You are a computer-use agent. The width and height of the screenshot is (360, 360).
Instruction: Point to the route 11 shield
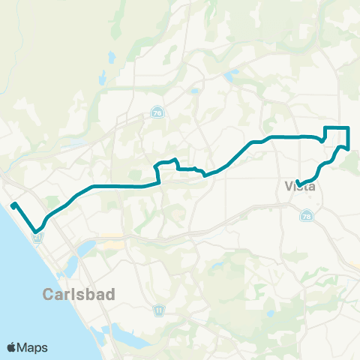pos(158,309)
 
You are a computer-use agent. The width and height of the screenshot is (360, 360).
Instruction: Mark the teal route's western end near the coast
pos(13,204)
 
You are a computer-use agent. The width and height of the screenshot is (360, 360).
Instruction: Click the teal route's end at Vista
pos(298,184)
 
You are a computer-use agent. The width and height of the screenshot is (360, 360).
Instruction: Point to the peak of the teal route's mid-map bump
pos(174,159)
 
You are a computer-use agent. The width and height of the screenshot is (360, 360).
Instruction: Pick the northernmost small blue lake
pos(111,56)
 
